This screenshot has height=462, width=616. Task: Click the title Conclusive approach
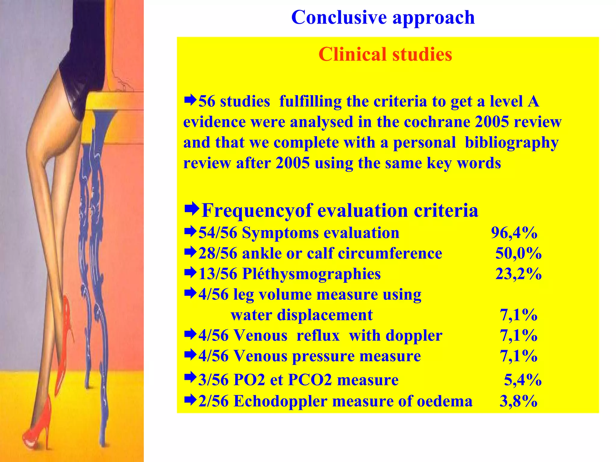pyautogui.click(x=383, y=17)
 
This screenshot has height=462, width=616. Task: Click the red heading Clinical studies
pyautogui.click(x=385, y=54)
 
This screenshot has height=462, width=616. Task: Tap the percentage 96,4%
pyautogui.click(x=514, y=233)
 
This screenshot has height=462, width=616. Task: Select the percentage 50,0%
pyautogui.click(x=518, y=253)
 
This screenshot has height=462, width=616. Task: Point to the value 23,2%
pyautogui.click(x=518, y=274)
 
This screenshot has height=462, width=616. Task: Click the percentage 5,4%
pyautogui.click(x=522, y=380)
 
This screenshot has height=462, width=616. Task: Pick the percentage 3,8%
pyautogui.click(x=518, y=401)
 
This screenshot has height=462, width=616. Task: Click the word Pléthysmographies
pyautogui.click(x=311, y=274)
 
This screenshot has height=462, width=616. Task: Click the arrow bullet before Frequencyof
pyautogui.click(x=192, y=209)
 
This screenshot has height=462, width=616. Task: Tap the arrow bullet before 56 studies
pyautogui.click(x=190, y=100)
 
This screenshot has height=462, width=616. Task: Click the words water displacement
pyautogui.click(x=302, y=315)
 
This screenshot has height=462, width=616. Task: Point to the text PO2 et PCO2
pyautogui.click(x=282, y=380)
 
